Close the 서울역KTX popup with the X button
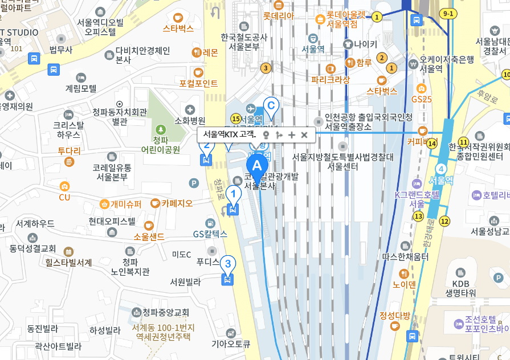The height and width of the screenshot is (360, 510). pyautogui.click(x=304, y=135)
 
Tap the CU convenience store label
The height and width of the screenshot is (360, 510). pyautogui.click(x=64, y=197)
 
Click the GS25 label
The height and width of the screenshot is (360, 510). pyautogui.click(x=421, y=99)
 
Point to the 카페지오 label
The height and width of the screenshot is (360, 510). pyautogui.click(x=177, y=203)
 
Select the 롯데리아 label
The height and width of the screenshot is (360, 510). pyautogui.click(x=279, y=16)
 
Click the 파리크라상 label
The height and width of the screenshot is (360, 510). pyautogui.click(x=330, y=80)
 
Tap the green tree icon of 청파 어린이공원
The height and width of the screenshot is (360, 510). pyautogui.click(x=160, y=129)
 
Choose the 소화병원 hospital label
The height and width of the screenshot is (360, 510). pyautogui.click(x=189, y=120)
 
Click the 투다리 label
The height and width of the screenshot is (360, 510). pyautogui.click(x=69, y=151)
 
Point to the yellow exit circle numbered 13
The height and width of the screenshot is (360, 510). pyautogui.click(x=419, y=216)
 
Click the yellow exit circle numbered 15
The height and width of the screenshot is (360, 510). pyautogui.click(x=236, y=118)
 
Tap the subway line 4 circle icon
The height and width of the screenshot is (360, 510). pyautogui.click(x=440, y=169)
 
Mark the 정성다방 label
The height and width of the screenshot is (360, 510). pyautogui.click(x=395, y=316)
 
